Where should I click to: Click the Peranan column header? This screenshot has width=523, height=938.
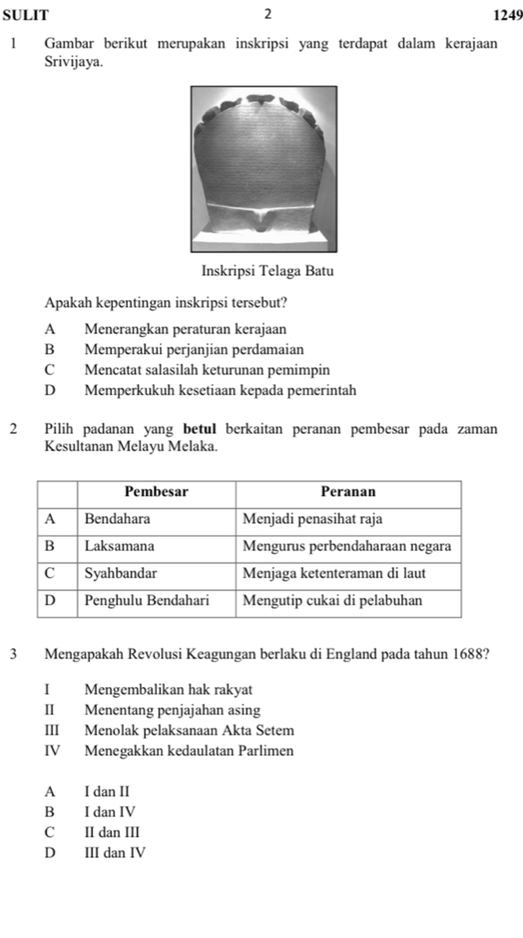348,492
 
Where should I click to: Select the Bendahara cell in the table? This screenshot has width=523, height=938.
117,519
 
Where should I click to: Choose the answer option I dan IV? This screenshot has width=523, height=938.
112,813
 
